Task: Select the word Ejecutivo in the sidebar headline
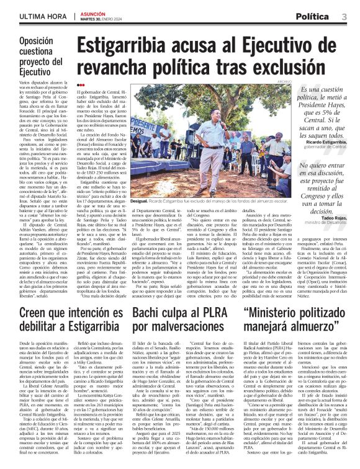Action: pos(35,73)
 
